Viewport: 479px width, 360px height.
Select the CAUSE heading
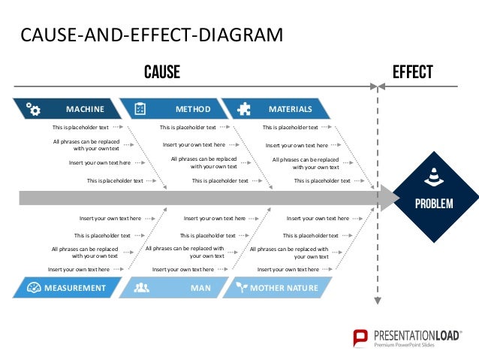point(162,72)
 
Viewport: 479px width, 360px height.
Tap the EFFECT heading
point(412,72)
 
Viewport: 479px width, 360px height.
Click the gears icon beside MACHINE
point(33,109)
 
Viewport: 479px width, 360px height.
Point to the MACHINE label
point(85,109)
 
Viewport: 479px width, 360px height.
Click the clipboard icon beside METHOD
point(140,109)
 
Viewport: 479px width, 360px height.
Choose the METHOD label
point(193,109)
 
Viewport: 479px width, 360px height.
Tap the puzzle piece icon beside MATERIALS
point(244,109)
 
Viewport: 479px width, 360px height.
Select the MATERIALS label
point(291,109)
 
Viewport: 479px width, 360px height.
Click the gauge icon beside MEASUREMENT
point(33,288)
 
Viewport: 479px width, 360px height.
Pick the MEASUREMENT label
point(74,288)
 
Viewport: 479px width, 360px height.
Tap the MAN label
point(200,288)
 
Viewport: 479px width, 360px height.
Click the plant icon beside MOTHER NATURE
point(241,288)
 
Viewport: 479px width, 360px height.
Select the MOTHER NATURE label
point(284,288)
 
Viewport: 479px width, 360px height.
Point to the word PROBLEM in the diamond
point(434,203)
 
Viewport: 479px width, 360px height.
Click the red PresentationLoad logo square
point(360,337)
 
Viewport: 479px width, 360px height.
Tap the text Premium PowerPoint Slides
point(406,345)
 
